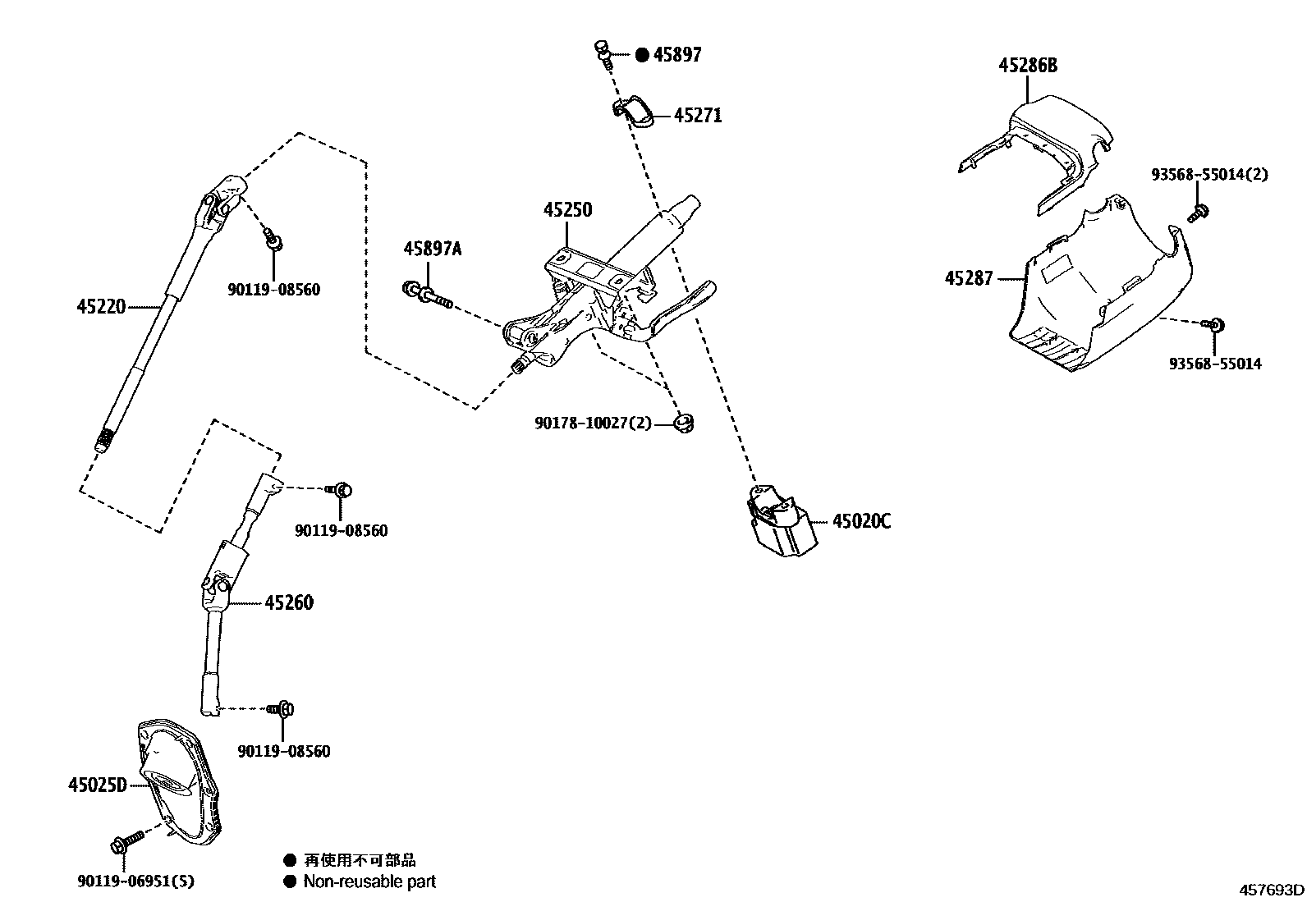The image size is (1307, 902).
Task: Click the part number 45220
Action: (x=101, y=307)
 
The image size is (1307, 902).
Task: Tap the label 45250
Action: (x=567, y=210)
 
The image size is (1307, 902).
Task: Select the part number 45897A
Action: (x=432, y=249)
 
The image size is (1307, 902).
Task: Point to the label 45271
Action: (x=698, y=116)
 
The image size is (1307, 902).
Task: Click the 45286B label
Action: (x=1028, y=66)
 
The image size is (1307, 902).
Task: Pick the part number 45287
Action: (x=969, y=278)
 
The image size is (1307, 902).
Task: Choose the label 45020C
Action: (x=861, y=521)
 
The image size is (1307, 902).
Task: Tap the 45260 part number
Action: (x=289, y=602)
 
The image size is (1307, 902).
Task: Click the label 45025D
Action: (x=97, y=785)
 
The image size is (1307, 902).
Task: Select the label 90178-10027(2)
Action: (x=593, y=424)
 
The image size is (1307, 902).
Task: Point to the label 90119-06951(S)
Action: (x=136, y=881)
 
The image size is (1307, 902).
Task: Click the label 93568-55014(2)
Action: (x=1209, y=175)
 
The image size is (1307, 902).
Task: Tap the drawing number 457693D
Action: (x=1272, y=890)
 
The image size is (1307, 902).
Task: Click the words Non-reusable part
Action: (x=369, y=881)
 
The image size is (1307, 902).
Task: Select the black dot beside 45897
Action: (x=642, y=55)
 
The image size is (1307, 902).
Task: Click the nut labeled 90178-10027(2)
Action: (x=682, y=424)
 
